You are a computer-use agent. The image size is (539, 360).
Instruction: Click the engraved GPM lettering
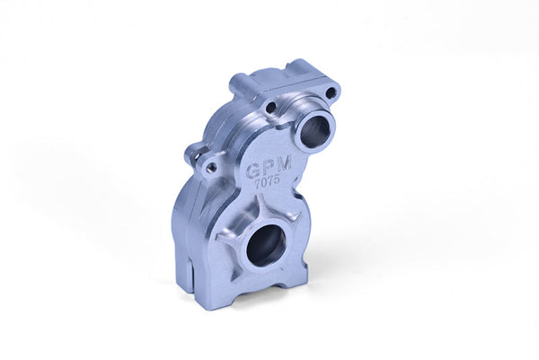269,167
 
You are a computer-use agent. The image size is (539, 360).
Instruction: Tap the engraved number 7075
267,181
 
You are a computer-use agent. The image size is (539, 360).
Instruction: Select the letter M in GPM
284,162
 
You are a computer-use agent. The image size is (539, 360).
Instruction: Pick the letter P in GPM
269,167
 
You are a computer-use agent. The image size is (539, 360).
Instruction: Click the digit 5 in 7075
276,180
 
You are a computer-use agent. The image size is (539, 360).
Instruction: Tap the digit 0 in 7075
263,182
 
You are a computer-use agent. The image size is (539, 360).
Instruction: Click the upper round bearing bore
314,132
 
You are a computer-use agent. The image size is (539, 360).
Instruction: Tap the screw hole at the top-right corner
331,92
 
